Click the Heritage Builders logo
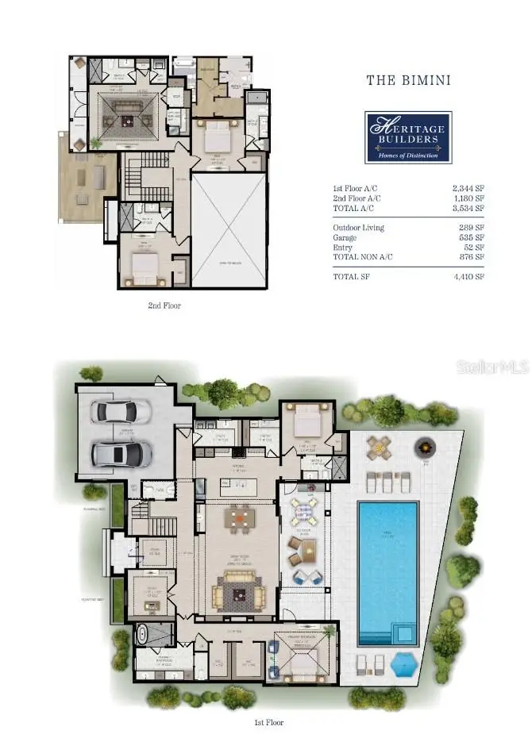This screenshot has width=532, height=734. click(408, 136)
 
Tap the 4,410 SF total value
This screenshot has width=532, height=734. click(468, 276)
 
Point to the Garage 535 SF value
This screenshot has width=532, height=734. click(470, 237)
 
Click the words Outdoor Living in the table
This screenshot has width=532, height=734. click(358, 228)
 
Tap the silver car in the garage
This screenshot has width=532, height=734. click(121, 454)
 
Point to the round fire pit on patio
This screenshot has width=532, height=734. click(426, 450)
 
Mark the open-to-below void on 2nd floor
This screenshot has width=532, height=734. click(229, 230)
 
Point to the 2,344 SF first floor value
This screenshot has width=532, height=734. click(468, 188)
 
